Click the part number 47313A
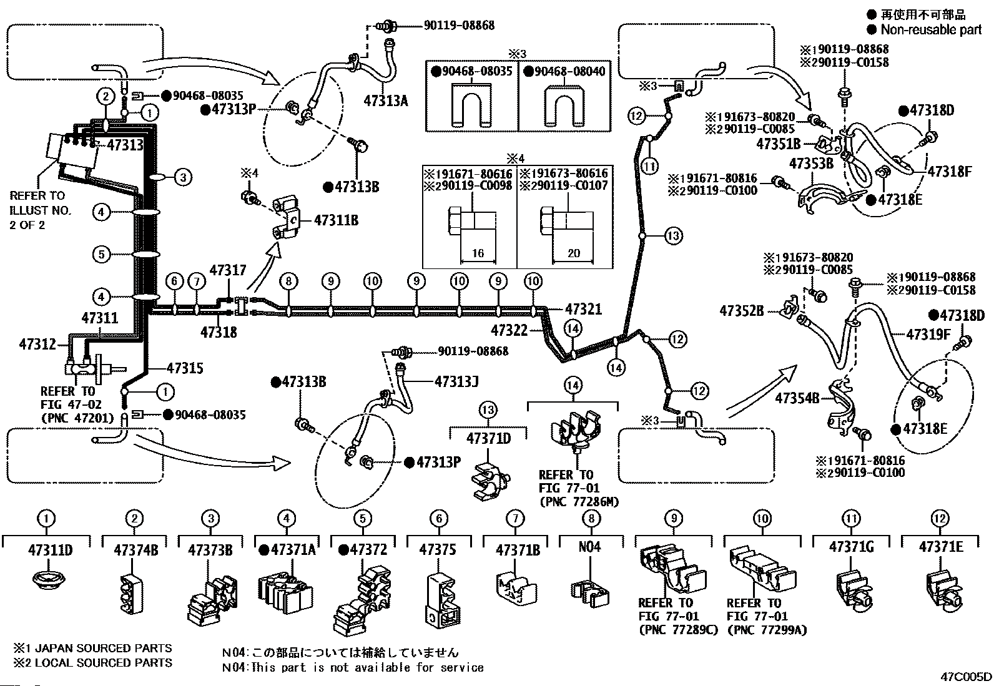pos(386,101)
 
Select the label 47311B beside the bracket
pos(337,220)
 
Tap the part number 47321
pos(583,309)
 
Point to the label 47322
pos(509,330)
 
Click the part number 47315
pos(185,368)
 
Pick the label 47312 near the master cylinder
pos(37,344)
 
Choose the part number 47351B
pos(779,144)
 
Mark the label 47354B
pos(797,398)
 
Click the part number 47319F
pos(928,334)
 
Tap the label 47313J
pos(456,381)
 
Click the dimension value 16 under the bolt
pos(478,253)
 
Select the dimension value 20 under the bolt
pos(574,253)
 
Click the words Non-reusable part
pos(931,30)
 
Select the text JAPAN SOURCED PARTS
pos(104,649)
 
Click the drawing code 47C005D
pos(966,677)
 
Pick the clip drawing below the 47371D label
pos(490,481)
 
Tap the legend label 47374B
pos(135,550)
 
